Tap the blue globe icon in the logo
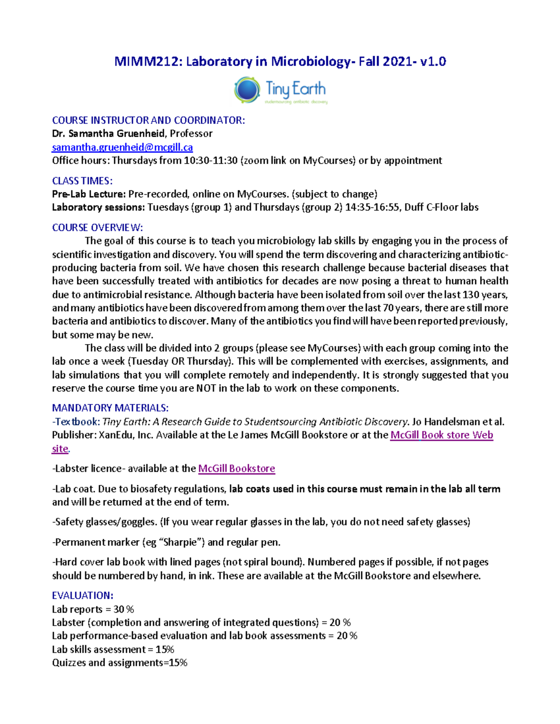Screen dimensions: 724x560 (247, 90)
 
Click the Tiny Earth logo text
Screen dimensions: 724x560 (295, 89)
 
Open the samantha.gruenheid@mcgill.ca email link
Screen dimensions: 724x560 (122, 147)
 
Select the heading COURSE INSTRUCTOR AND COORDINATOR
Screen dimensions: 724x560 (148, 120)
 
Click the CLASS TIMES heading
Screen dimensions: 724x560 (82, 181)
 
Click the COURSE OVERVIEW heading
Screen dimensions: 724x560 (97, 228)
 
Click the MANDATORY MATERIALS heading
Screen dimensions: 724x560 (110, 408)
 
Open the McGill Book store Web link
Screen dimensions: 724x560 (441, 435)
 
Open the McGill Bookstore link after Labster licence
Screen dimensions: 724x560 (237, 469)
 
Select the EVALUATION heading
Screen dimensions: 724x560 (83, 595)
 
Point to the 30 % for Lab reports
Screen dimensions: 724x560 (124, 609)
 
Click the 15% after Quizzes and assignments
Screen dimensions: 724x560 (178, 663)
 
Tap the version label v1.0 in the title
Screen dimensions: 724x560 (433, 62)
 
